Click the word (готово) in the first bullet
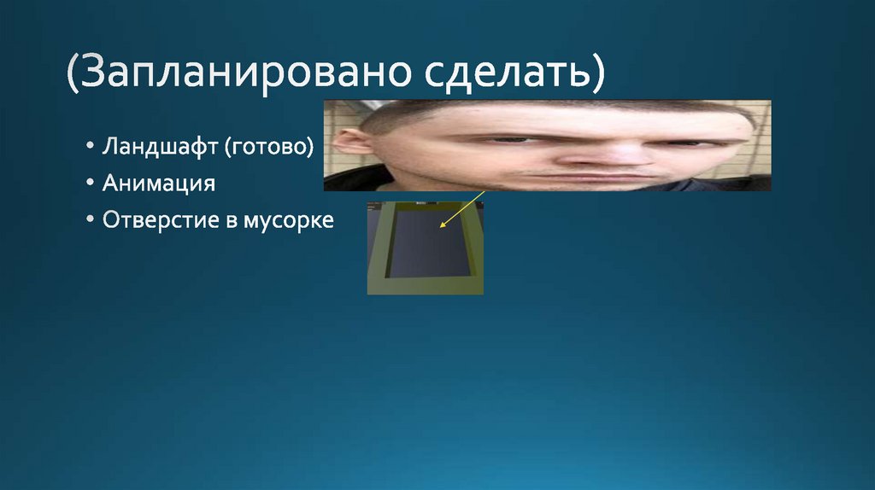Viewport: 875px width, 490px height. pyautogui.click(x=269, y=148)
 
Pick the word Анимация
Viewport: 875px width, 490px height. pyautogui.click(x=158, y=184)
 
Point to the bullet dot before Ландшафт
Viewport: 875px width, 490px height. pyautogui.click(x=91, y=149)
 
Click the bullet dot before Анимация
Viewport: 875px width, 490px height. pyautogui.click(x=91, y=184)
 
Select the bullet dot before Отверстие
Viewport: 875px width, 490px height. pyautogui.click(x=91, y=220)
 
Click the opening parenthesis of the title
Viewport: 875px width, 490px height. pyautogui.click(x=75, y=75)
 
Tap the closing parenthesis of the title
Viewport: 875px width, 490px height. pyautogui.click(x=596, y=75)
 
